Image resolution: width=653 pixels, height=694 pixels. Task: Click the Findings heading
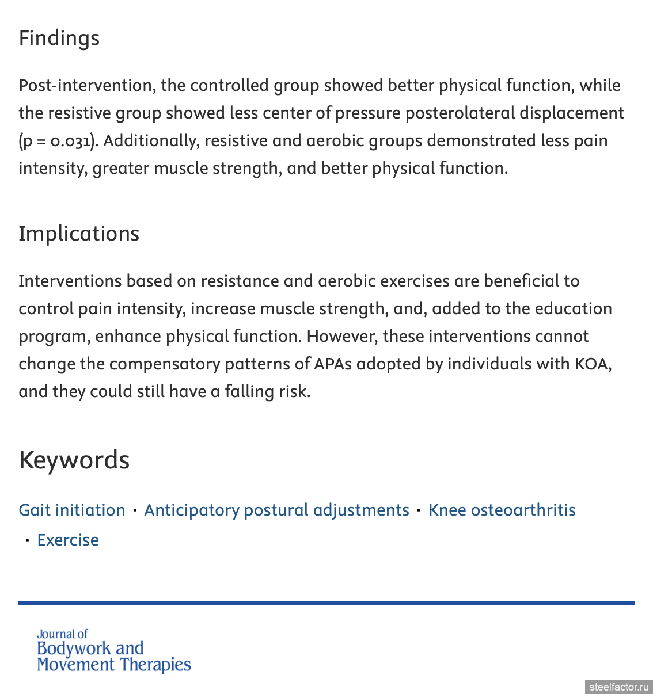click(x=59, y=39)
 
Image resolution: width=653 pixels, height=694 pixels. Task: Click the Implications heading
click(x=79, y=234)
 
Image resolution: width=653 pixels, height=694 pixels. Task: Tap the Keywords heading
click(x=74, y=460)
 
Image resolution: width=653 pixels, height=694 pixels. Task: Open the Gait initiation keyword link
click(x=72, y=510)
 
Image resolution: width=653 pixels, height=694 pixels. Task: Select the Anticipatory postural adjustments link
click(x=276, y=510)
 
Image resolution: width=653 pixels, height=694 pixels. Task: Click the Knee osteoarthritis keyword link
click(x=502, y=510)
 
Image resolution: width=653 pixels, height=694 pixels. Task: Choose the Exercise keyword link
click(x=68, y=540)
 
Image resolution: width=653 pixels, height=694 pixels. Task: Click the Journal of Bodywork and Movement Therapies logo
click(x=113, y=651)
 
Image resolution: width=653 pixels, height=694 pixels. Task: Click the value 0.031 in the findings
click(x=70, y=141)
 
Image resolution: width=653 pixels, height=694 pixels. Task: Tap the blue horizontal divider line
click(x=326, y=603)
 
